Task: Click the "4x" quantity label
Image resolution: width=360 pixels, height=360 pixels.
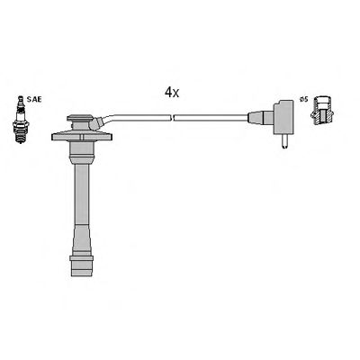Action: click(171, 92)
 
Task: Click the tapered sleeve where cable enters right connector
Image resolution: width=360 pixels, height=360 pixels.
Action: click(254, 117)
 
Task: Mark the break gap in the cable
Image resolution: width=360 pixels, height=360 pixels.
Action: click(171, 116)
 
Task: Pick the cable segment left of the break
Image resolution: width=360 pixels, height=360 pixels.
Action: click(144, 116)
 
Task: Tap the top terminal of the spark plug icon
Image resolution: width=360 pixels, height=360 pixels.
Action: click(17, 103)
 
